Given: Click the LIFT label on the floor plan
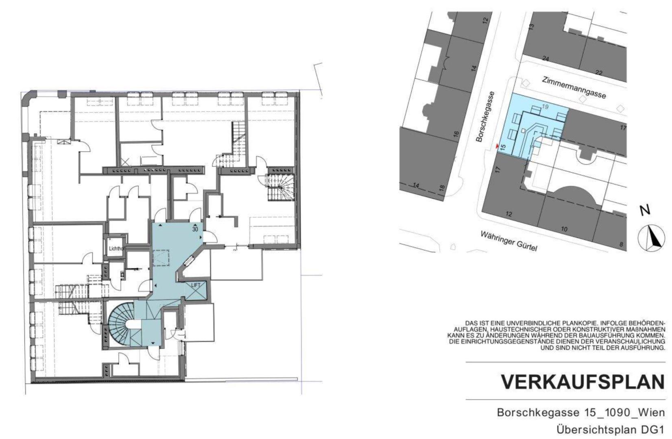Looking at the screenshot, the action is [x=196, y=285].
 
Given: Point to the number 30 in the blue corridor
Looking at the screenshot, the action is [x=195, y=229].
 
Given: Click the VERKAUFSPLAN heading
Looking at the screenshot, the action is [x=583, y=382].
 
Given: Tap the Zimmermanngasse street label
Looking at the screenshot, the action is [x=574, y=87].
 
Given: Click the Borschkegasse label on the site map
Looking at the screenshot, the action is [x=485, y=117].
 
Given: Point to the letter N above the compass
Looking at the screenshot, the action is [x=645, y=210].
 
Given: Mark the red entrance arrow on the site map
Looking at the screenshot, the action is [x=497, y=146].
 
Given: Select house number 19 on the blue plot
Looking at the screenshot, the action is [x=545, y=106].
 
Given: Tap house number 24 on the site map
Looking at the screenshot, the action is [x=546, y=59].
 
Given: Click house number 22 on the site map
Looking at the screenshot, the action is [x=599, y=73].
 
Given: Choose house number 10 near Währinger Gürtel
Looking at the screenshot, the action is [x=564, y=229].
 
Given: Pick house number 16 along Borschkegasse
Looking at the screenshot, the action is [x=456, y=134].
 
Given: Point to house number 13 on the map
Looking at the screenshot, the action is [x=531, y=27].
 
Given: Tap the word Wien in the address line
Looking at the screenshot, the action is [x=650, y=413].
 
